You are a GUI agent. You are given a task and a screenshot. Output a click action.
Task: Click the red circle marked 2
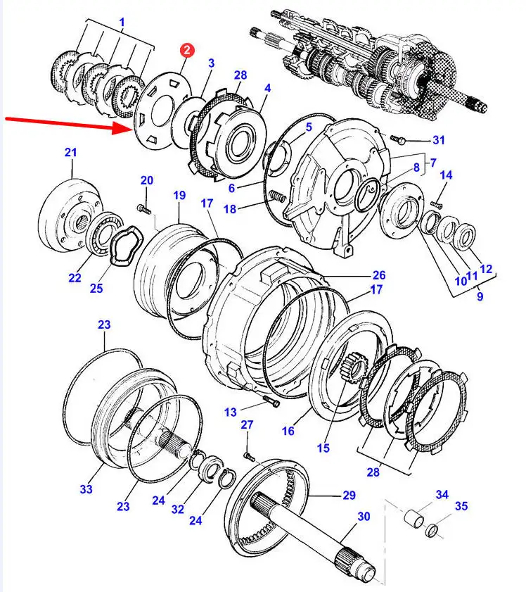tap(188, 50)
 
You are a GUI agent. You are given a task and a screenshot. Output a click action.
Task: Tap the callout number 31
tap(438, 139)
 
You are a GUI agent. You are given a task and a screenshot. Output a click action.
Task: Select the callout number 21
tap(70, 152)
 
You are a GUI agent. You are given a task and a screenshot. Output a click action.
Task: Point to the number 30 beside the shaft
tap(363, 517)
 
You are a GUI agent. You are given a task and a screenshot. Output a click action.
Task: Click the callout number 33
tap(86, 489)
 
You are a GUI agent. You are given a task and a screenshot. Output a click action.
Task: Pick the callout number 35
tap(461, 505)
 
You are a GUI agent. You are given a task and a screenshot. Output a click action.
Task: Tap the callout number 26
tap(379, 275)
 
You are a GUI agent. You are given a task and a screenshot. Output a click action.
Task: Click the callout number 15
tap(323, 448)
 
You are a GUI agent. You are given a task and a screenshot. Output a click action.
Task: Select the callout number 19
tap(179, 195)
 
